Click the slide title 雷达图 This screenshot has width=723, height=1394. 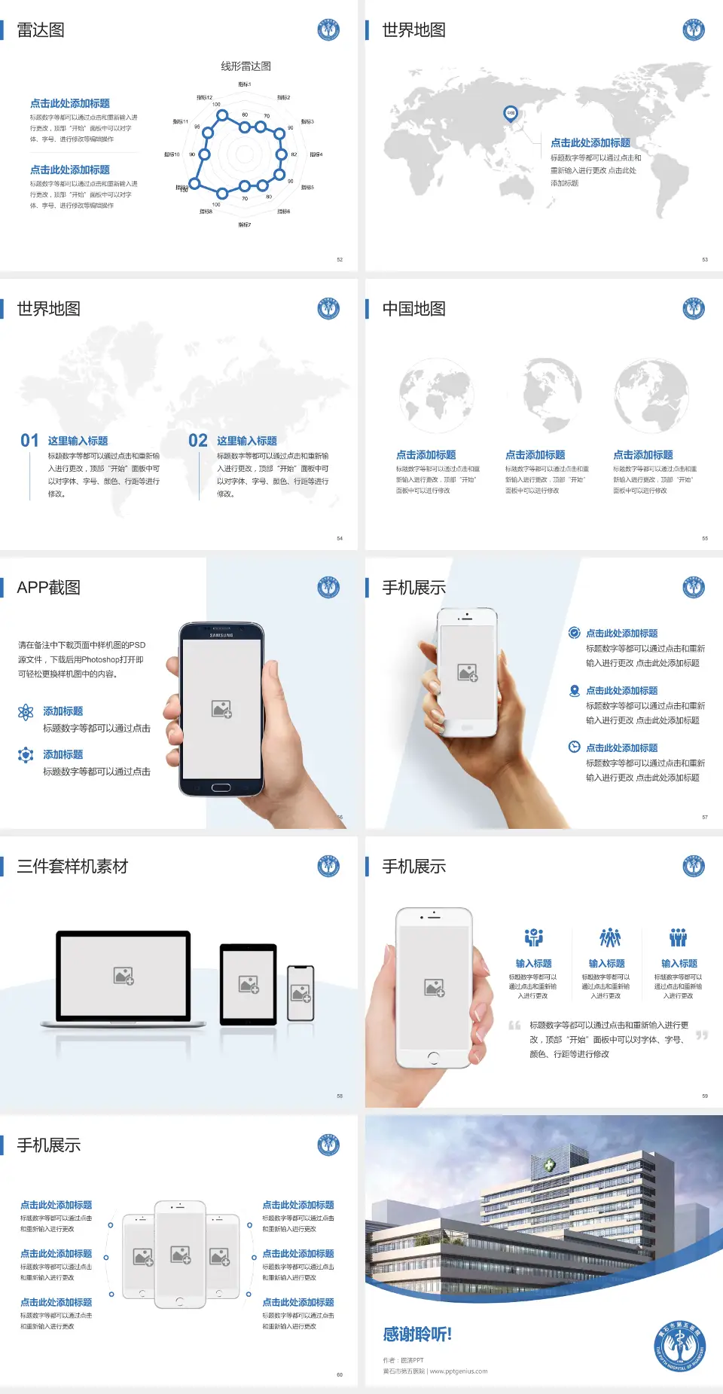click(41, 30)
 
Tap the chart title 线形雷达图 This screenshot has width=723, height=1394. click(246, 66)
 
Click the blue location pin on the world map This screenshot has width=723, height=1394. click(510, 114)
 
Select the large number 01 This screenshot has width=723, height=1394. click(29, 441)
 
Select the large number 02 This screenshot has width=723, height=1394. click(198, 441)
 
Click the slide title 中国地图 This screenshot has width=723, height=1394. click(413, 309)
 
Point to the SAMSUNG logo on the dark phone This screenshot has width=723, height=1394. click(221, 635)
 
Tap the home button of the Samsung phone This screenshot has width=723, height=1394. click(221, 787)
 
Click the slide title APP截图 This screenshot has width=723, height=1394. click(48, 588)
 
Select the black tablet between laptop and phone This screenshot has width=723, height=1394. click(249, 983)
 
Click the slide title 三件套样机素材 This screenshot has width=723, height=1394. click(72, 867)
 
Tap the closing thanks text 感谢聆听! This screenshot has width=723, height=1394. click(417, 1334)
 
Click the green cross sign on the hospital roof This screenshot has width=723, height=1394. click(551, 1165)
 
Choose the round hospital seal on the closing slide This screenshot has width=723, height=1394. click(680, 1346)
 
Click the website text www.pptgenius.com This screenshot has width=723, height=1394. click(459, 1371)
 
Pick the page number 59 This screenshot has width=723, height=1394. click(705, 1096)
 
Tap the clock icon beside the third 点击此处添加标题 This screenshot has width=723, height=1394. click(574, 747)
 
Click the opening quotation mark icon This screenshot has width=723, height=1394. click(514, 1026)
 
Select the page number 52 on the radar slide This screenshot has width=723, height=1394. click(340, 260)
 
